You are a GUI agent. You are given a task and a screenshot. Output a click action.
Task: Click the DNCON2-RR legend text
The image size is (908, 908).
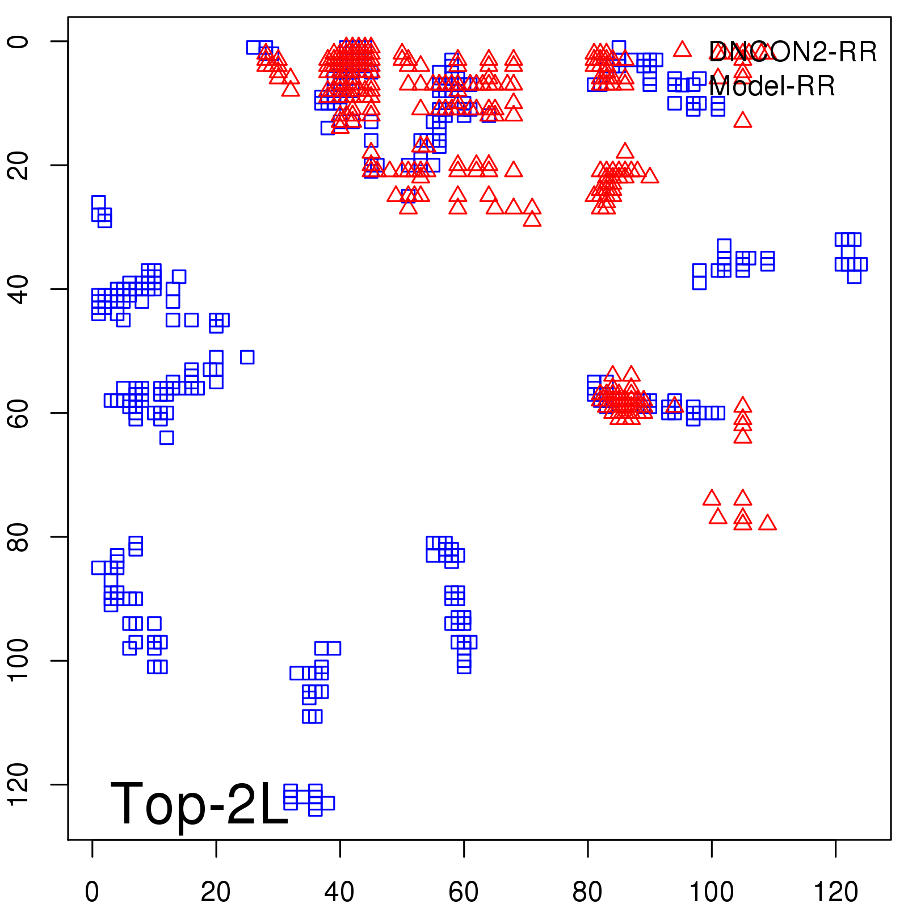[x=792, y=52]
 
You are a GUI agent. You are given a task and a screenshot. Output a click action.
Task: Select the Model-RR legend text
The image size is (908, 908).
[x=772, y=86]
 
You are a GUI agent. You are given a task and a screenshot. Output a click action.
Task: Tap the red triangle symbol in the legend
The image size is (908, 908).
[x=682, y=49]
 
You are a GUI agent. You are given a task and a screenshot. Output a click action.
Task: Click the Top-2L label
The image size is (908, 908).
[x=199, y=804]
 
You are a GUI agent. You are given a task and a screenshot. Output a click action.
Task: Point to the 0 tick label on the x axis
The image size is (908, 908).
[x=92, y=892]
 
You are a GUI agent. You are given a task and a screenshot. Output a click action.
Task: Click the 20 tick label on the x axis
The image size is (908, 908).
[x=216, y=892]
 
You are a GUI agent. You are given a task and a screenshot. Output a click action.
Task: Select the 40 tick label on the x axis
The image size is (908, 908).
[x=339, y=892]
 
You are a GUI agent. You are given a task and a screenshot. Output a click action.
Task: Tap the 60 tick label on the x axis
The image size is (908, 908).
[x=464, y=892]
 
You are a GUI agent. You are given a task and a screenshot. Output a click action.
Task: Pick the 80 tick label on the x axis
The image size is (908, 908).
[x=587, y=892]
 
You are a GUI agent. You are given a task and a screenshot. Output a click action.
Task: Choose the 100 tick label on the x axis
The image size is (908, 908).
[x=711, y=892]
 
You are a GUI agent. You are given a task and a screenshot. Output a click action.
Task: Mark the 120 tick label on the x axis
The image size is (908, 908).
[x=835, y=892]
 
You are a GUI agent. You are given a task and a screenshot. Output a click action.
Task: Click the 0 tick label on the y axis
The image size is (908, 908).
[x=18, y=41]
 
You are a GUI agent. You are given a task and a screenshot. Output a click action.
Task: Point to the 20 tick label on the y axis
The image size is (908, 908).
[x=18, y=165]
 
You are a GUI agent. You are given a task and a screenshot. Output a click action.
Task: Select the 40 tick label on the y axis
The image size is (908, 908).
[x=18, y=289]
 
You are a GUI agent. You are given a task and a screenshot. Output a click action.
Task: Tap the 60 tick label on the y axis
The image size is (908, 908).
[x=18, y=413]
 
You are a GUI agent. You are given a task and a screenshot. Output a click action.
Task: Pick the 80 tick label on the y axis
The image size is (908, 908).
[x=18, y=537]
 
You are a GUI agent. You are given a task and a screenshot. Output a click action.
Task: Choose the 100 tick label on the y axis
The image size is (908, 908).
[x=18, y=661]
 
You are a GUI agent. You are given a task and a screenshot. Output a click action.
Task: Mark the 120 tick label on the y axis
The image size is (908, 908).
[x=18, y=784]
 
